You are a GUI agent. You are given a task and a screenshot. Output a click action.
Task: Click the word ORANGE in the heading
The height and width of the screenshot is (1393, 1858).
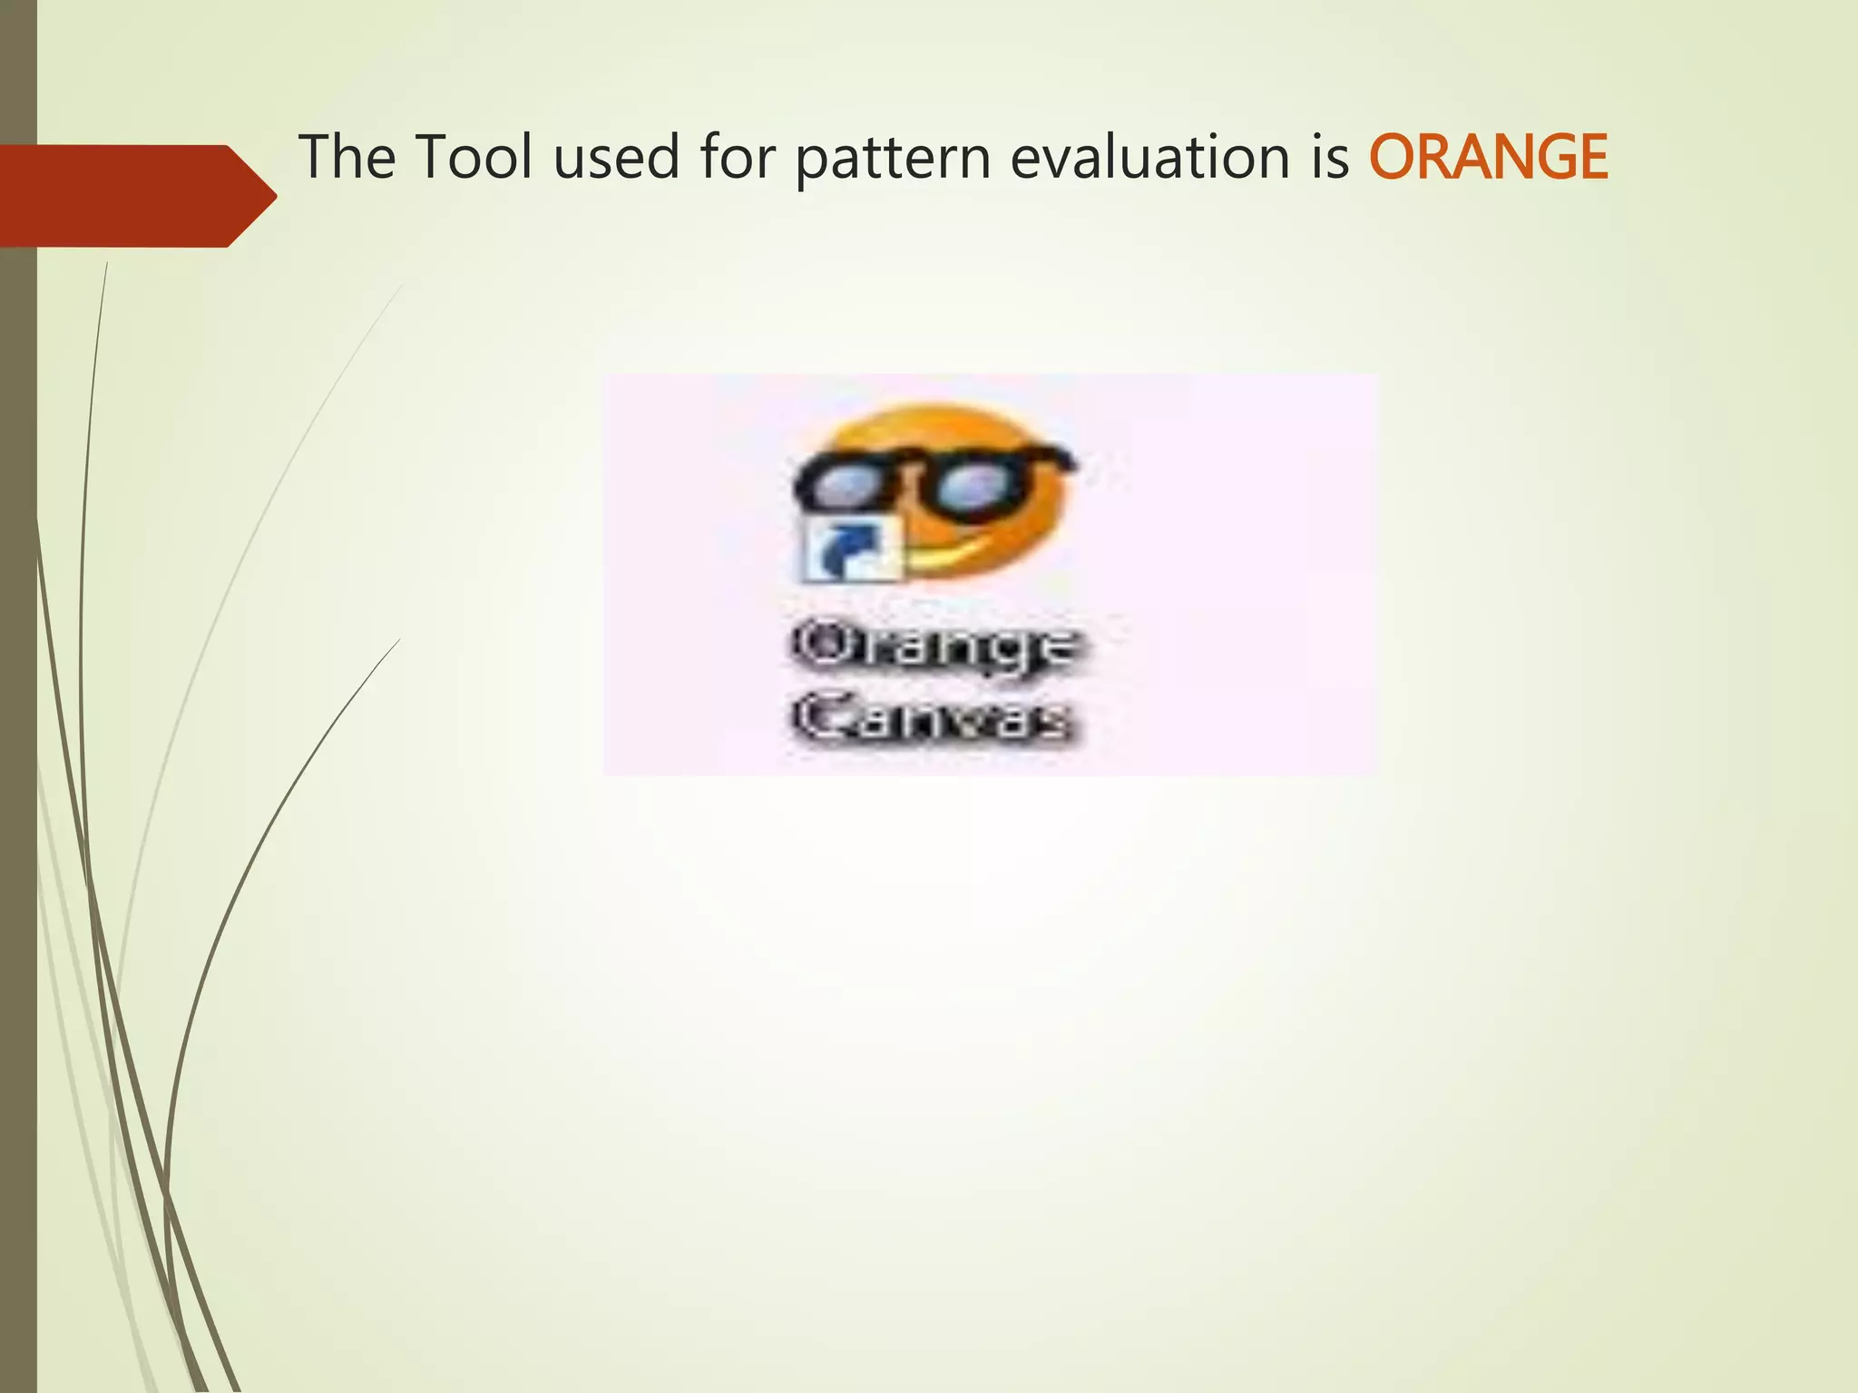[x=1488, y=158]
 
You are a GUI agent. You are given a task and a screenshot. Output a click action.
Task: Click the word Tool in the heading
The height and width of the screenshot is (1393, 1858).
[x=474, y=158]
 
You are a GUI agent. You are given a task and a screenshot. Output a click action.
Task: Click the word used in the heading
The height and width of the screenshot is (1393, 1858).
[x=616, y=158]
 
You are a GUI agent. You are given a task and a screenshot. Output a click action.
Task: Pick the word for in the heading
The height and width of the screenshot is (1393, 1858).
[x=738, y=158]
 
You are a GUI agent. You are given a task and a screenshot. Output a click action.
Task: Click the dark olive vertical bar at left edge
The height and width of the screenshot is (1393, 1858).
[x=18, y=816]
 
